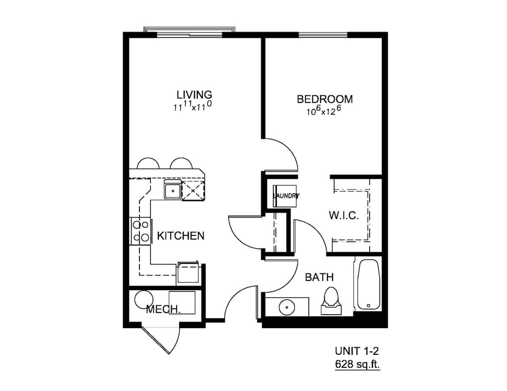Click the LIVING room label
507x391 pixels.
coord(194,95)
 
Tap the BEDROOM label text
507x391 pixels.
coord(325,99)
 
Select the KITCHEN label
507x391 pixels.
coord(180,236)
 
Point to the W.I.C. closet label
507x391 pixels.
coord(343,216)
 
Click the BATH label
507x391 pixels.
coord(319,277)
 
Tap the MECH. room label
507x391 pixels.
coord(164,309)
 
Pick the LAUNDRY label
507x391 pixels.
coord(286,196)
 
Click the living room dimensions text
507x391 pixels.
coord(193,106)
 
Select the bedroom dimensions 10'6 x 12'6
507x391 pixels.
coord(324,111)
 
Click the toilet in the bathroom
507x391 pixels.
coord(331,301)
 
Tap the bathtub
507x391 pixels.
coord(368,285)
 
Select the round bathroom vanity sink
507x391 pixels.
coord(287,307)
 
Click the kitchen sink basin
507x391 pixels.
coord(173,191)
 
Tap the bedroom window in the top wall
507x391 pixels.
coord(323,35)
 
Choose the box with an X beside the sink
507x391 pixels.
coord(193,191)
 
